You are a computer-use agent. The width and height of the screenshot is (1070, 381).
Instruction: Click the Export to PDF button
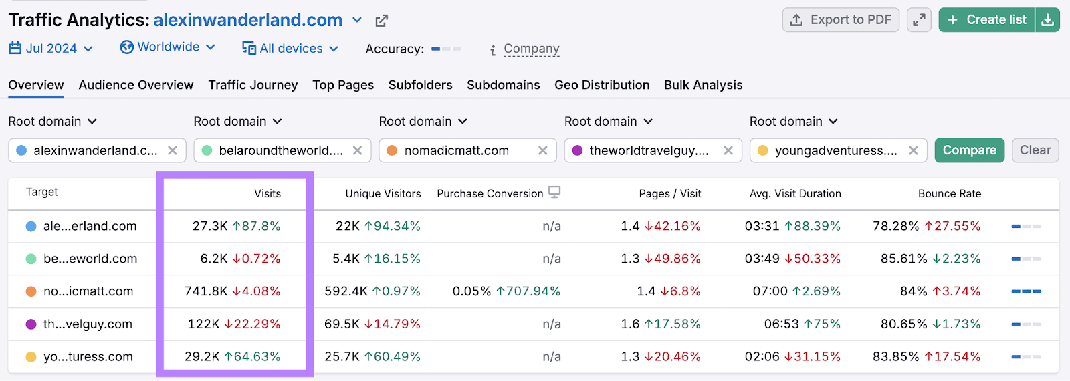[x=841, y=20]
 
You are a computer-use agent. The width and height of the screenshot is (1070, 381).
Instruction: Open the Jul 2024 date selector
[x=51, y=48]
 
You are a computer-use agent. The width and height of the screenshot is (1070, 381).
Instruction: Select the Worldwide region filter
[x=167, y=47]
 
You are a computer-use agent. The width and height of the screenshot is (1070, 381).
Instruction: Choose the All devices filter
[x=290, y=48]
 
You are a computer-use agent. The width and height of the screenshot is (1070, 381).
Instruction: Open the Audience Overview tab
[x=136, y=85]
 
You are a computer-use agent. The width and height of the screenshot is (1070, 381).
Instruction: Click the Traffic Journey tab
[x=253, y=85]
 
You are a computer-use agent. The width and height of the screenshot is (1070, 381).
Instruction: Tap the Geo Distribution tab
[x=602, y=85]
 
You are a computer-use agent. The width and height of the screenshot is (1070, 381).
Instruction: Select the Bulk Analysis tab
[x=703, y=85]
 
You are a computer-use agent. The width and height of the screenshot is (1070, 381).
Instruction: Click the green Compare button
[x=969, y=150]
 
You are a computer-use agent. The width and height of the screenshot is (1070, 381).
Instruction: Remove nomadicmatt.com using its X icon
[x=543, y=150]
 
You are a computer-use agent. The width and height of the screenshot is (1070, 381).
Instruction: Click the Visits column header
[x=267, y=194]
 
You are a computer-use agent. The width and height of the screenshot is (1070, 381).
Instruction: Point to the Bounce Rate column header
[x=949, y=194]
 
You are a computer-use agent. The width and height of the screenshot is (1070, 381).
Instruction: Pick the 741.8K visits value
[x=206, y=291]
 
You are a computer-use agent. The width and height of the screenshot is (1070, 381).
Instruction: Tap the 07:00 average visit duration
[x=770, y=291]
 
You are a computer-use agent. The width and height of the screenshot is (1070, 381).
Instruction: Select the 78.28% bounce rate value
[x=895, y=226]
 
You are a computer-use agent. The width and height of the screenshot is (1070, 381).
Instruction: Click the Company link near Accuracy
[x=531, y=49]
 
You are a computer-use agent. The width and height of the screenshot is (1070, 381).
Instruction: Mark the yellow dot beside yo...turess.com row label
[x=31, y=357]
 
